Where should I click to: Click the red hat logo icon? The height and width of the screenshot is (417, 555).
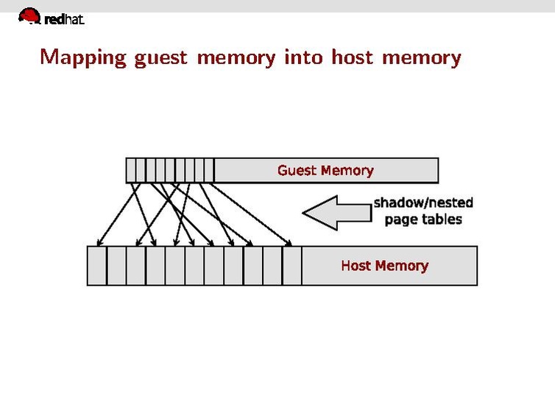[29, 15]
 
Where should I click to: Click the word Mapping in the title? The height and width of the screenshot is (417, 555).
[83, 57]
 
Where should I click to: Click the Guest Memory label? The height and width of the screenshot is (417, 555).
[325, 170]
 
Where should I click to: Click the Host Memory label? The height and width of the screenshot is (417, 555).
[384, 265]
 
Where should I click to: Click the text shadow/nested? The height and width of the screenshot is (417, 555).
[423, 203]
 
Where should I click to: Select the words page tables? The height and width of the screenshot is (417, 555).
[423, 220]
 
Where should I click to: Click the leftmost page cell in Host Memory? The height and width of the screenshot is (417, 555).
[97, 266]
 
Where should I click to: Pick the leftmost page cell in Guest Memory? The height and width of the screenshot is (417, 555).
[131, 170]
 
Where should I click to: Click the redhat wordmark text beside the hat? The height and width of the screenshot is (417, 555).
[65, 20]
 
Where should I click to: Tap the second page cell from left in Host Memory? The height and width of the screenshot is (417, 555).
[117, 266]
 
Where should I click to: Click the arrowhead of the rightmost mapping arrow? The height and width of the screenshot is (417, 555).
[289, 242]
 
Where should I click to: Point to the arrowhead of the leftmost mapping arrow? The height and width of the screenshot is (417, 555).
[99, 242]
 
